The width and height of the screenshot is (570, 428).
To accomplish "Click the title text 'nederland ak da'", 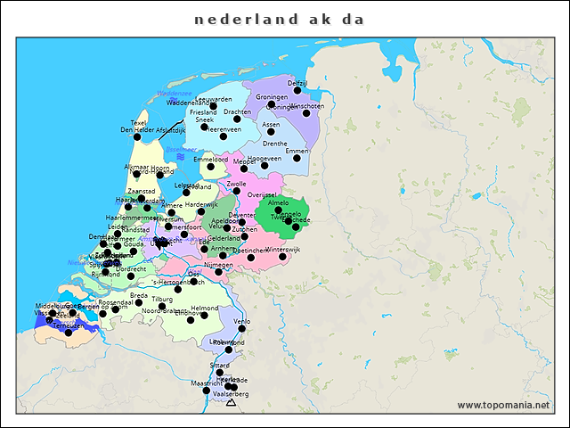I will tap(279, 18).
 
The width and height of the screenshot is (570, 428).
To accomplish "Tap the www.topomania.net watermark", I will tap(503, 406).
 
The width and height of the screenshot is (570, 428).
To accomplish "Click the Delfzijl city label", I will tap(298, 82).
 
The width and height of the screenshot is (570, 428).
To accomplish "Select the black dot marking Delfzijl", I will tap(297, 90).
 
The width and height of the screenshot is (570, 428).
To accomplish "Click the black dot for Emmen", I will tap(297, 158).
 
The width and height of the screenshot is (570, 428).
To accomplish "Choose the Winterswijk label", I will tap(283, 250).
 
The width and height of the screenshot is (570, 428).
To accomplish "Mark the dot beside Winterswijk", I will tap(282, 257).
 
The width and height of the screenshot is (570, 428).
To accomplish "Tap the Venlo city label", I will tap(241, 321).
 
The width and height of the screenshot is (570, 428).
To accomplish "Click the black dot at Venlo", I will tap(241, 328).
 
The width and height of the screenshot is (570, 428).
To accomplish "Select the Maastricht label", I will tap(207, 383).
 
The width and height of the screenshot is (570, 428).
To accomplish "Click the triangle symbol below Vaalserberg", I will tap(232, 403).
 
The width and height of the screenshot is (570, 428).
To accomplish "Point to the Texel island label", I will tap(139, 122).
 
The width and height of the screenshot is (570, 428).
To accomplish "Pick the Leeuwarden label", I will tap(213, 99).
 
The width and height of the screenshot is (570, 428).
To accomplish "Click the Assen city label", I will tap(271, 125).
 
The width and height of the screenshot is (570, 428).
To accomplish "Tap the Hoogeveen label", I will tap(265, 158).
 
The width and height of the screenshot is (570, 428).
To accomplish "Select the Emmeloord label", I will tap(211, 159).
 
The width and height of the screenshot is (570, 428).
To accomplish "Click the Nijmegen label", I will tap(218, 265).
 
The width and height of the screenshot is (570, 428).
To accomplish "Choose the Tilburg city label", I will tap(162, 300).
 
